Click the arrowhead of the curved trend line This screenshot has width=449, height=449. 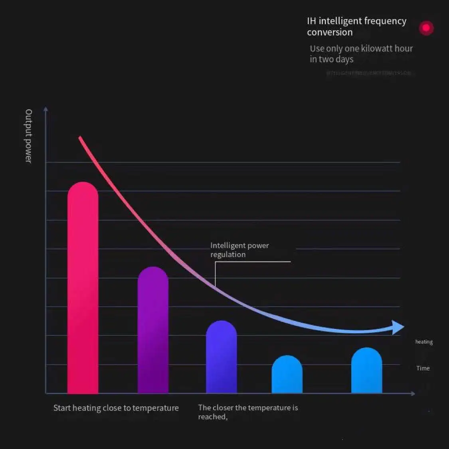point(398,327)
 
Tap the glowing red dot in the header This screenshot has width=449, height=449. point(426,28)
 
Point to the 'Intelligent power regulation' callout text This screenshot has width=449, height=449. point(239,250)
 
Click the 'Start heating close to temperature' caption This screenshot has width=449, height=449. point(116,408)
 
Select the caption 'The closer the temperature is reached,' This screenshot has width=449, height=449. point(248,412)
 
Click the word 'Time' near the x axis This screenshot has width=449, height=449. point(423,368)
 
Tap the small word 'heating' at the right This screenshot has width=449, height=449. point(424,342)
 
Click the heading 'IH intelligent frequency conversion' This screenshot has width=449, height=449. point(356,26)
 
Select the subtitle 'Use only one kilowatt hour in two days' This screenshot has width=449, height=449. point(361,53)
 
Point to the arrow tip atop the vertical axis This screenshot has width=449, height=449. point(45,109)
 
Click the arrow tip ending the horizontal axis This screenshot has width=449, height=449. point(413,394)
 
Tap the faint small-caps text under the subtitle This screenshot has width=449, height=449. point(368,73)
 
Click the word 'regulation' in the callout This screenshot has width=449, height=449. point(228,255)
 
